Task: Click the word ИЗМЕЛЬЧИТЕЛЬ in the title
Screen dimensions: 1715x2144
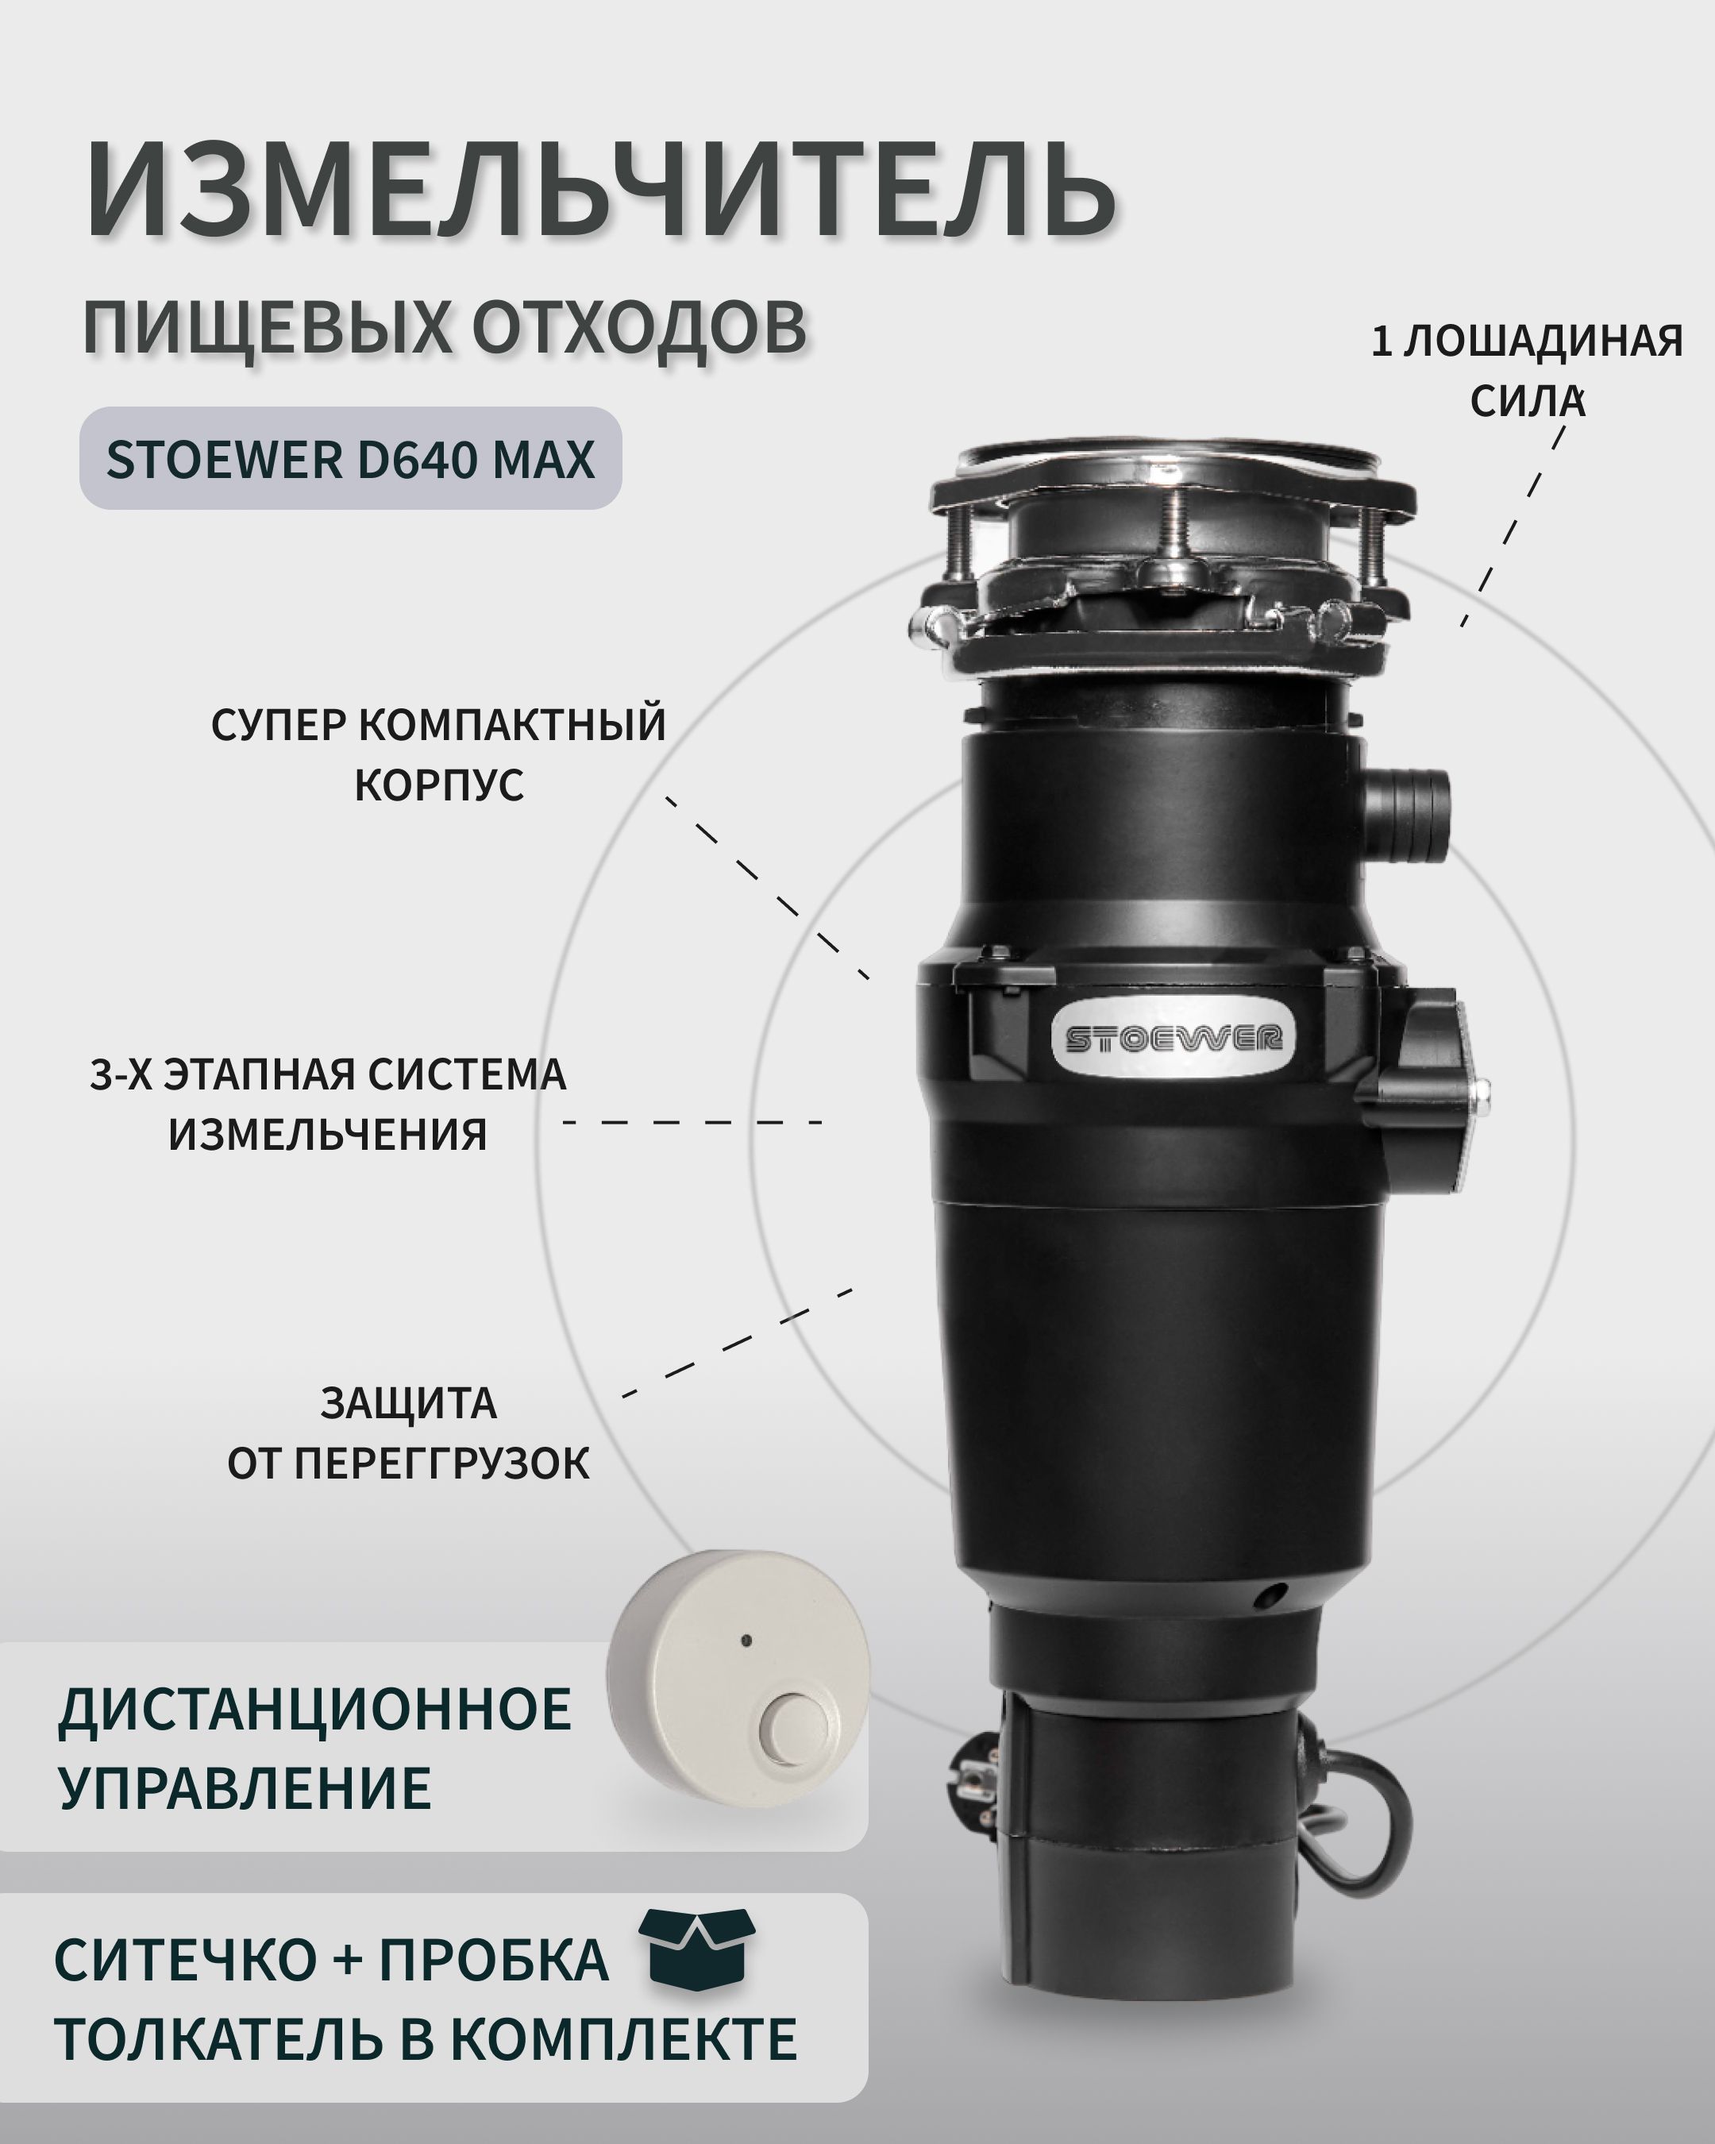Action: point(600,190)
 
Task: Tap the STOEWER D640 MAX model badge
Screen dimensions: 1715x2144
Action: point(351,458)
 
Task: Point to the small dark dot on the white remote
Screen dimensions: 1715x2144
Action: point(746,1641)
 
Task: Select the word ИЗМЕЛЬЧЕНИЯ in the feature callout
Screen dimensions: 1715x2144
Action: point(327,1134)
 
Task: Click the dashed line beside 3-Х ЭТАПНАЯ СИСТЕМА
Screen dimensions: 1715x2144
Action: point(693,1122)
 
